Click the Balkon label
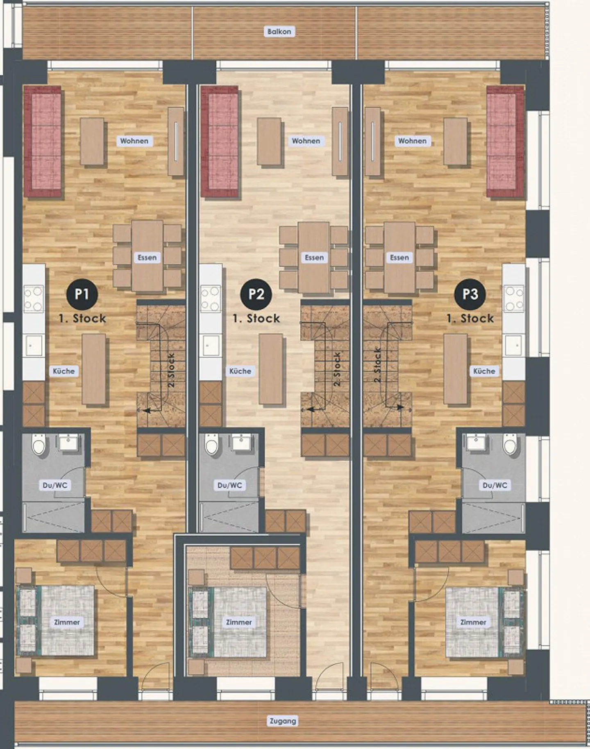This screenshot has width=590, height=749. [279, 32]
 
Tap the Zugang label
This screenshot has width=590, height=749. [283, 721]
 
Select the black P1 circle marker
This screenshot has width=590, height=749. [82, 294]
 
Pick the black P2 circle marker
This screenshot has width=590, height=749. [256, 294]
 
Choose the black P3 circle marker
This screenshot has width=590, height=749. [470, 294]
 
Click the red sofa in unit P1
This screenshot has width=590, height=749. [43, 142]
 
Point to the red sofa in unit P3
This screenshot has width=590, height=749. [505, 142]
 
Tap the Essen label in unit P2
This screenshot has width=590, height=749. [314, 258]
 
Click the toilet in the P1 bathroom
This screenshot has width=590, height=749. [39, 445]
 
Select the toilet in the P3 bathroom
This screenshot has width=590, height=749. [510, 445]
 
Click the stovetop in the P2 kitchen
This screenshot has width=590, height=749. [211, 298]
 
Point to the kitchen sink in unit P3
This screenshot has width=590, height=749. [514, 345]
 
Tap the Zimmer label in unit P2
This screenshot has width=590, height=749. [239, 622]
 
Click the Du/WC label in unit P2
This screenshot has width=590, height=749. [229, 485]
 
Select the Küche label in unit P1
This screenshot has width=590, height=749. [64, 371]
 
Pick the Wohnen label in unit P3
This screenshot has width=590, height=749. [412, 141]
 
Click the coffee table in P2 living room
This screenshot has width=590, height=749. [269, 142]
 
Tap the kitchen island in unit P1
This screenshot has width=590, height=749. [94, 369]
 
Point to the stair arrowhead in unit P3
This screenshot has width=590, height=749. [400, 407]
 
